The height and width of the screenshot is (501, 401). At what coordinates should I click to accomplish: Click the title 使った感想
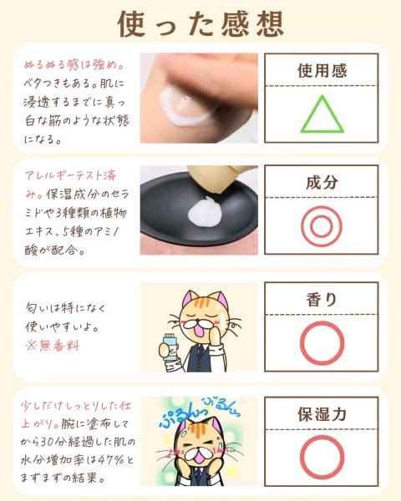200,24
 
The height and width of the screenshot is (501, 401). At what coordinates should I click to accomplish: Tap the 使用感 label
322,71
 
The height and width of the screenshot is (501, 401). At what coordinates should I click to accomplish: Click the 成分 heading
322,182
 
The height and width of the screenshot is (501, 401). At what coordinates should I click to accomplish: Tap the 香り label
322,300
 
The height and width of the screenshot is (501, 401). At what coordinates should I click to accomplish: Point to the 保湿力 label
322,414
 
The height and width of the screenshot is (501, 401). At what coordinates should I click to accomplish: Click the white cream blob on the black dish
205,212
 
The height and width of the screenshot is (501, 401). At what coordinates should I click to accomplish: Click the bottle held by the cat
170,347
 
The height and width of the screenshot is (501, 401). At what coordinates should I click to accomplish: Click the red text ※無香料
52,346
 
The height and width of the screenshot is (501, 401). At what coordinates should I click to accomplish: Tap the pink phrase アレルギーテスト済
71,175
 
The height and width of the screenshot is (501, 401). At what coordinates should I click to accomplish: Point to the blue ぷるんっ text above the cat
180,416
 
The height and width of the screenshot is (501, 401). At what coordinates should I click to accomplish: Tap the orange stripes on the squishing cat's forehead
195,430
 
